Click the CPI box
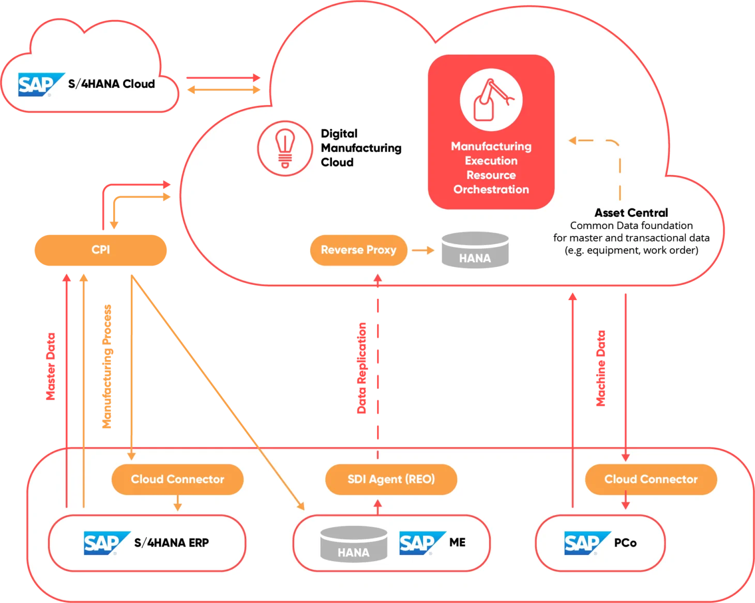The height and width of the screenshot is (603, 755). (x=101, y=250)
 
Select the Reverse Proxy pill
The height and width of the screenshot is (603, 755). (x=358, y=250)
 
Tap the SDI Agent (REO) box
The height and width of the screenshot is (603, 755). (x=391, y=479)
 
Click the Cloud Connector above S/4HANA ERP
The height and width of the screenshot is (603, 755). (x=177, y=479)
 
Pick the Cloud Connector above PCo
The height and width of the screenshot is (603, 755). (x=651, y=479)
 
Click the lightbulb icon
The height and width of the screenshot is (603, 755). (x=285, y=148)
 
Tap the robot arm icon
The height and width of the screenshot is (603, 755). (x=491, y=100)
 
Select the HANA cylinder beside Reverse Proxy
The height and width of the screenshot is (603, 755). (x=475, y=250)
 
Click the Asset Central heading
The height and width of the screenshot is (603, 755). (x=631, y=213)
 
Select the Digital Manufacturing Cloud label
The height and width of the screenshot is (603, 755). (x=360, y=148)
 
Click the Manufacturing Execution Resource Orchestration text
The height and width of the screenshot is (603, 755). (x=491, y=168)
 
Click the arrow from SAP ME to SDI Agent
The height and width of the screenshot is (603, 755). (x=377, y=507)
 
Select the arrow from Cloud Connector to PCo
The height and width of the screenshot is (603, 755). (x=625, y=501)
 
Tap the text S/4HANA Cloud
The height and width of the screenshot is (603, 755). (x=111, y=84)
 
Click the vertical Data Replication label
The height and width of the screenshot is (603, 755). (x=362, y=368)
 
